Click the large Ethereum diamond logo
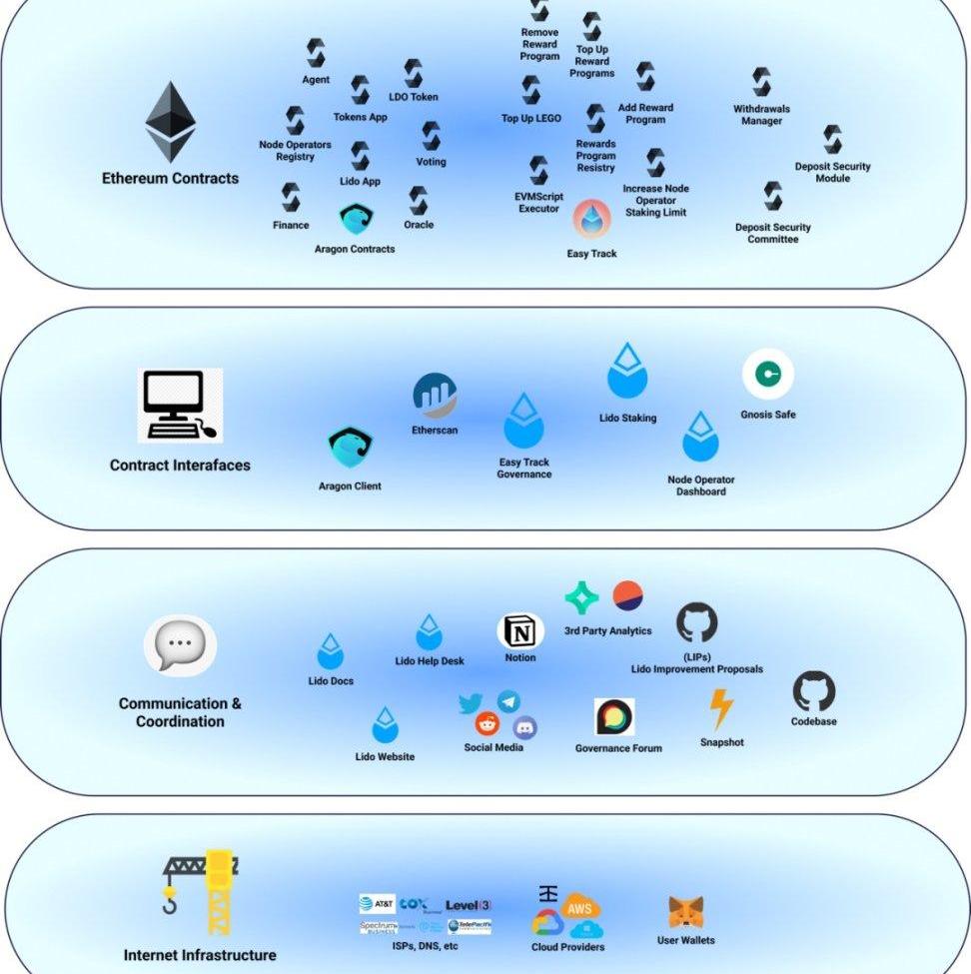pos(170,121)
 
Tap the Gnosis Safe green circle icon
pos(768,375)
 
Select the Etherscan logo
pos(436,396)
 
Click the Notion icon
pos(520,631)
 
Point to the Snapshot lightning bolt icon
pos(720,710)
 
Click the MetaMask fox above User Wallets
pos(685,912)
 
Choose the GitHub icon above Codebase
pos(813,691)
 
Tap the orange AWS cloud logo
pos(579,908)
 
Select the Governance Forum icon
pos(614,717)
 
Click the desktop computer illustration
pos(180,405)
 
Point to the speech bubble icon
pos(180,645)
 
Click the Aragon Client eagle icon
pos(350,449)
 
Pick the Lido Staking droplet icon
pos(627,372)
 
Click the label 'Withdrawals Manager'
pos(761,115)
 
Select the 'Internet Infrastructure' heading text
pos(200,955)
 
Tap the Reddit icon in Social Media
pos(487,725)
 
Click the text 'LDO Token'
pos(413,97)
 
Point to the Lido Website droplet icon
pos(385,725)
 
